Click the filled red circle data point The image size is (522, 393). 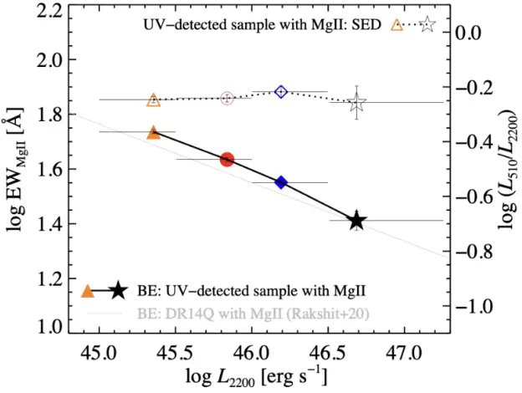point(227,159)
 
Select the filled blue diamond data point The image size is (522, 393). point(281,182)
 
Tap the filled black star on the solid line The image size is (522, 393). point(357,221)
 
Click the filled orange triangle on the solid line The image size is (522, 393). point(153,132)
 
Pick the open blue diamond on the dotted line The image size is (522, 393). point(281,91)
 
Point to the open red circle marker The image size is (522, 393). point(227,98)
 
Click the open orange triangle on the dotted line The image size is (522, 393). point(153,100)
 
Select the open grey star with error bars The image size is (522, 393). point(357,103)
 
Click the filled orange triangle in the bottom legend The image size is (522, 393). point(87,291)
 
